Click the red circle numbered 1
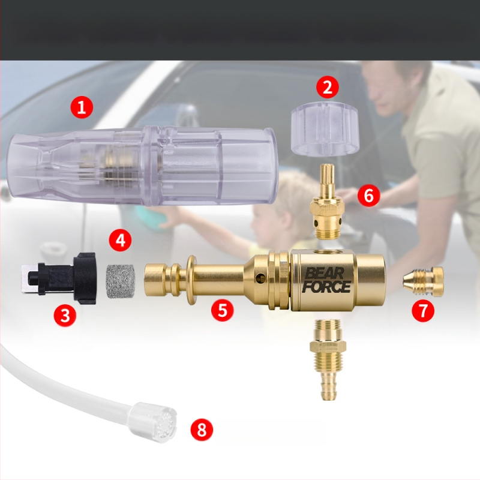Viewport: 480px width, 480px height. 82,107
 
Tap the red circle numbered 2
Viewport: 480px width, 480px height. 327,87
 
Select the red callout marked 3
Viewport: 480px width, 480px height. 65,315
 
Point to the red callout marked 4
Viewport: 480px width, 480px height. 121,241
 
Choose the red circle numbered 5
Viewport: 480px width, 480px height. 223,310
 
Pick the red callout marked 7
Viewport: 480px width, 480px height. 423,311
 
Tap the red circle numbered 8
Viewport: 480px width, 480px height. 202,429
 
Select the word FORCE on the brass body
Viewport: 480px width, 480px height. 326,287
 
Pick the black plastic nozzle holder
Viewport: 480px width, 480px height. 59,278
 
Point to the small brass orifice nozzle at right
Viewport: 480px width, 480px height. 423,279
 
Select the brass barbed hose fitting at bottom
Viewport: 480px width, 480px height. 328,359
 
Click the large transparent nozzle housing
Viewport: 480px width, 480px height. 143,166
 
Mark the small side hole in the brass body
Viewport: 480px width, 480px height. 261,277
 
